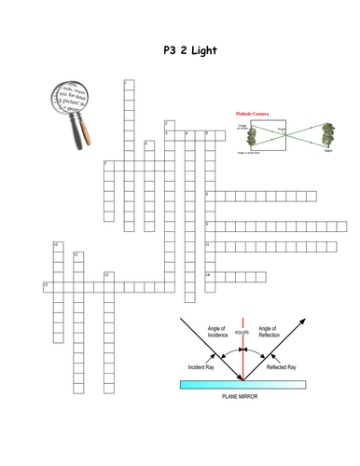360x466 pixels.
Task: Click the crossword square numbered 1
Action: (x=128, y=85)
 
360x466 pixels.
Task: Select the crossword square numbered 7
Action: (x=108, y=165)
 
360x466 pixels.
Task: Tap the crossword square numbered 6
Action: (x=148, y=145)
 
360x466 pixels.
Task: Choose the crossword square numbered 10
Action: (x=57, y=246)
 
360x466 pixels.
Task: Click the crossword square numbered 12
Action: (x=77, y=256)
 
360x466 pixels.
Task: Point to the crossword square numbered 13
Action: (x=108, y=277)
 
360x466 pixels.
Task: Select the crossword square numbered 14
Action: (x=210, y=276)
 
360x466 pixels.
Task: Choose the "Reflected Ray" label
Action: (x=281, y=368)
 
